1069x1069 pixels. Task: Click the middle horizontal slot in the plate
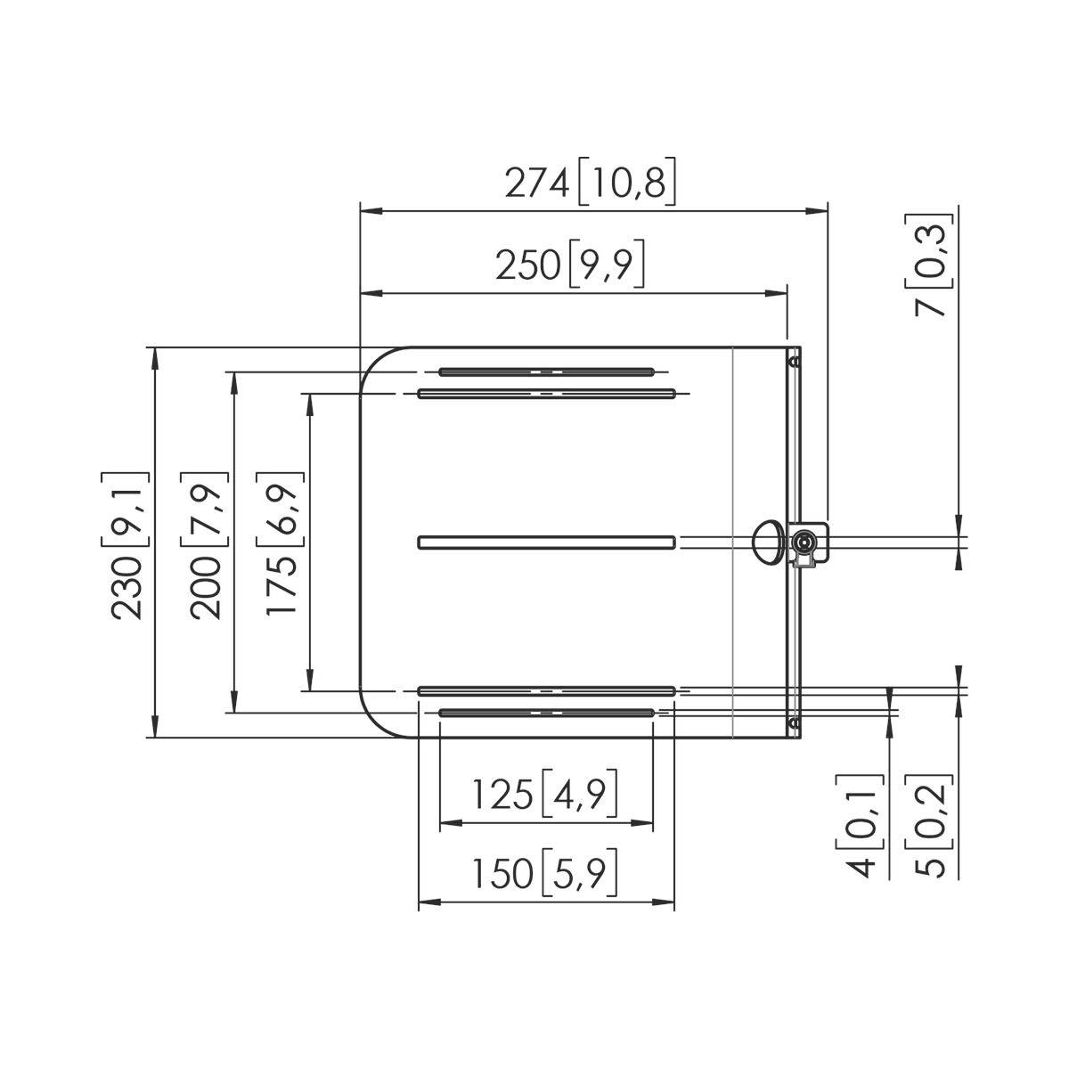[546, 542]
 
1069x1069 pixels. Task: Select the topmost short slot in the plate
[546, 371]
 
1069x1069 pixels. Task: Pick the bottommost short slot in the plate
[546, 712]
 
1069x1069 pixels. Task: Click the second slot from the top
[546, 393]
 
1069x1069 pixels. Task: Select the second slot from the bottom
[546, 690]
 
